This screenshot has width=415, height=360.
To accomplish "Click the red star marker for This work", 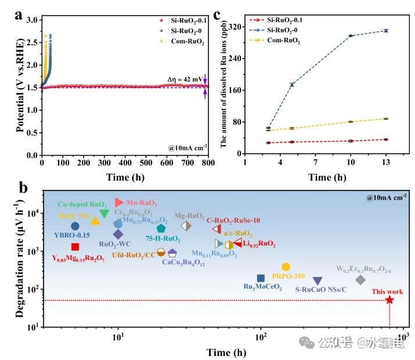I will [389, 300].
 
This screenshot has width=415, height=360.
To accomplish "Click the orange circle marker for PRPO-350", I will [286, 267].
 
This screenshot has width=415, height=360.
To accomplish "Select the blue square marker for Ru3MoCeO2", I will [261, 278].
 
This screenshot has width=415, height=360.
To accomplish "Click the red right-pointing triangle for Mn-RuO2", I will [119, 202].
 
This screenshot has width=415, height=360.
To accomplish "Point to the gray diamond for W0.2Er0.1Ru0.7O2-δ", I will [360, 280].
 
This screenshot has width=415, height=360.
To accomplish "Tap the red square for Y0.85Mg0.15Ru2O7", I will [75, 247].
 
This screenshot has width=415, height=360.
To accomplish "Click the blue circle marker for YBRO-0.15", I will [75, 226].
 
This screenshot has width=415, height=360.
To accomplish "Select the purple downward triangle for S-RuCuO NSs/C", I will [317, 280].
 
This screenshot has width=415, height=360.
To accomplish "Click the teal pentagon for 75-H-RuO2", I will [161, 228].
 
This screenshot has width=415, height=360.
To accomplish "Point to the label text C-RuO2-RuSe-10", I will [234, 220].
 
